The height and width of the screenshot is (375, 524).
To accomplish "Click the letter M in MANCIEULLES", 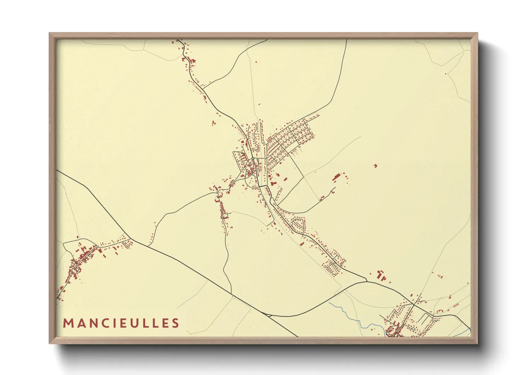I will click(68, 323).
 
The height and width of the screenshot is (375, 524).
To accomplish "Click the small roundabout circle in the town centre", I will click(252, 158).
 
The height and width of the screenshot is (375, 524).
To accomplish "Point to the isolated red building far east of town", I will click(375, 166).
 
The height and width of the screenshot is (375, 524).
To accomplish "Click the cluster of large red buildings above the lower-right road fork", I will click(381, 275).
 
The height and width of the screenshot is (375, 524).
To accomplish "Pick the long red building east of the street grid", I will click(336, 177).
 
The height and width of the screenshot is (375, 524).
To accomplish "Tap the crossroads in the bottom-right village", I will click(414, 304).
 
